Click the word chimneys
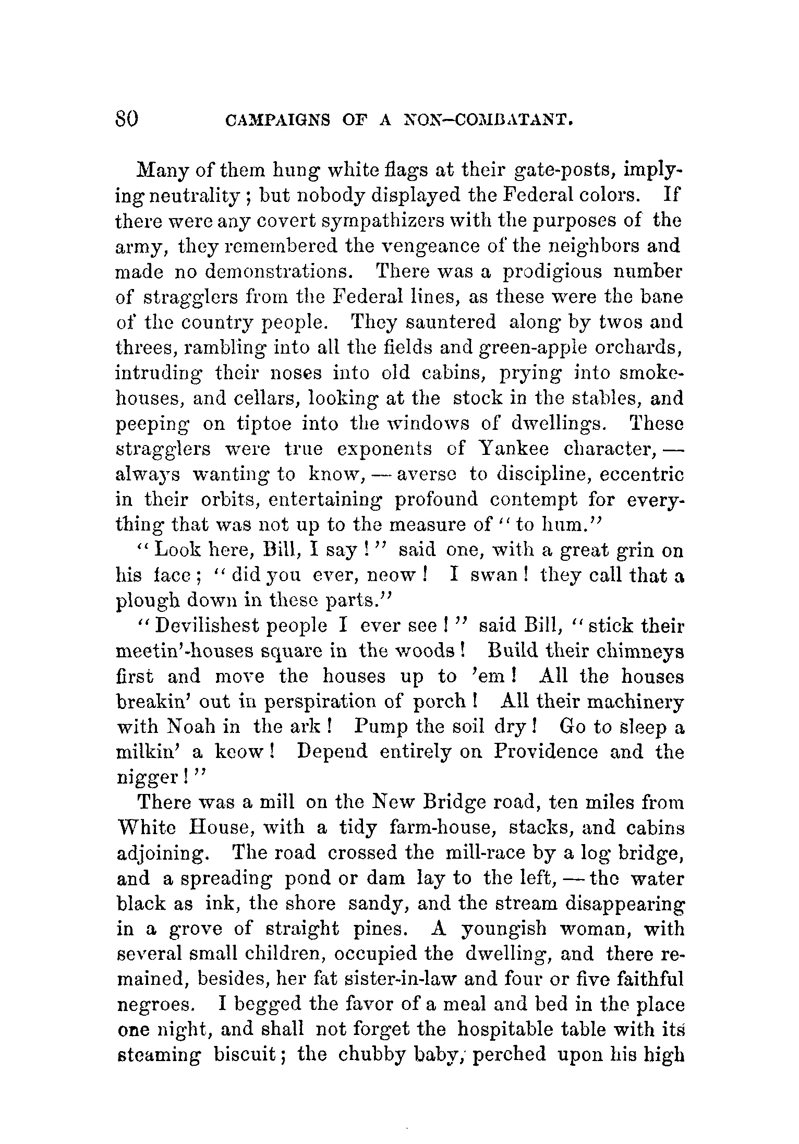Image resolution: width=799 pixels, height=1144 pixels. pyautogui.click(x=639, y=652)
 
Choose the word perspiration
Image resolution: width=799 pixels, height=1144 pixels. pyautogui.click(x=320, y=702)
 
